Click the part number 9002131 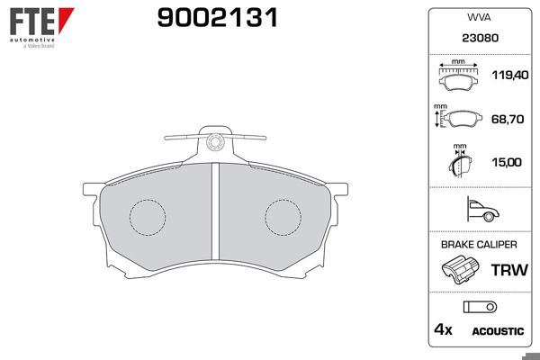(x=217, y=18)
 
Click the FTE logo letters (x=32, y=22)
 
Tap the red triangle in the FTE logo (x=66, y=20)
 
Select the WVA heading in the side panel (x=479, y=17)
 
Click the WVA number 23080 (x=480, y=38)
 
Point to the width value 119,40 (x=510, y=75)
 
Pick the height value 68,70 (x=508, y=119)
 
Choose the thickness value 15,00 (x=507, y=162)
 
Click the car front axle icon (x=482, y=209)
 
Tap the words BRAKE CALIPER (x=479, y=245)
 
